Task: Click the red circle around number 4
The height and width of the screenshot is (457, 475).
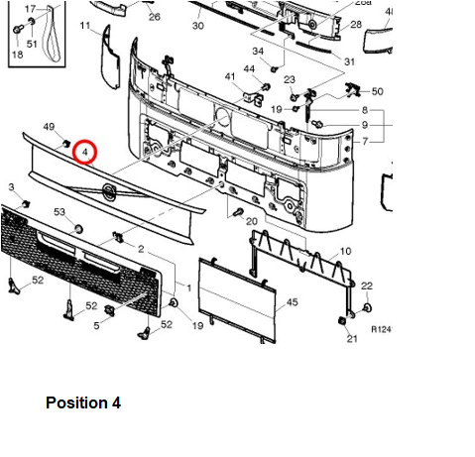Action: [85, 142]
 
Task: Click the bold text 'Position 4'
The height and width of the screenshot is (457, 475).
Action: [83, 402]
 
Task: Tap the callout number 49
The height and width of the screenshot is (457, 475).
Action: [49, 127]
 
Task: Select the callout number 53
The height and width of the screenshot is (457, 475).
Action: [59, 212]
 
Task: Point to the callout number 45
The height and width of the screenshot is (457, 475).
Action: [292, 302]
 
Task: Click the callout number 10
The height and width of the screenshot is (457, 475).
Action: [345, 252]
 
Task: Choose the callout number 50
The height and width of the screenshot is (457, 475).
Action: [378, 91]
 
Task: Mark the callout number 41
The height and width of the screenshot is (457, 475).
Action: [230, 76]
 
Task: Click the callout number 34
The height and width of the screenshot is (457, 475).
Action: [258, 52]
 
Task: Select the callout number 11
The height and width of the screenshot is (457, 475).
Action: [85, 26]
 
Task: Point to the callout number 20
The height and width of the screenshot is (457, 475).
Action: [252, 221]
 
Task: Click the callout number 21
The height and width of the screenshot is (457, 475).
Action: [352, 339]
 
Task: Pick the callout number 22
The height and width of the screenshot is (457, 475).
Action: [367, 286]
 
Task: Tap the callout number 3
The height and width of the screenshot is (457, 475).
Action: [12, 187]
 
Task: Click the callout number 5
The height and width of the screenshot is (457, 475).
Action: [96, 326]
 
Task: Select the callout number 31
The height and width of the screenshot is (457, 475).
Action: [349, 61]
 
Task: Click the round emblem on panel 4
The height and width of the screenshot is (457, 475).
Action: [108, 192]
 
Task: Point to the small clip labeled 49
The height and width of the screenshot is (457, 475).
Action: [66, 144]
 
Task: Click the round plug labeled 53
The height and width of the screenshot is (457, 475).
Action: [78, 229]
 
